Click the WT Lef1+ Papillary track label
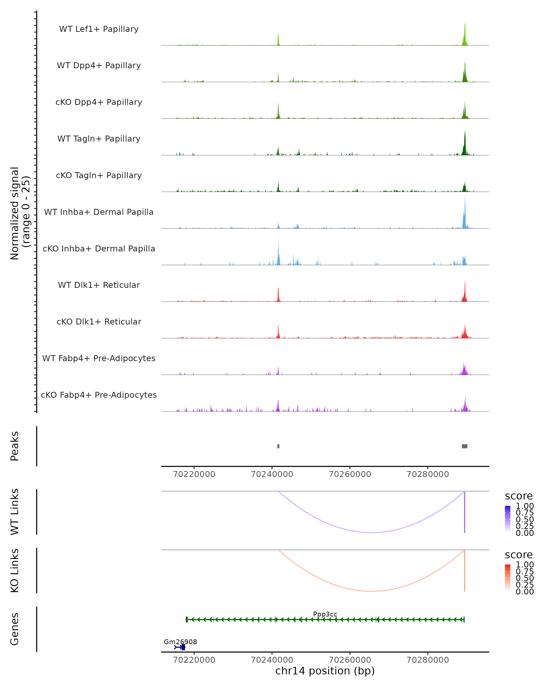[99, 29]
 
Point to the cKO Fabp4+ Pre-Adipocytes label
[99, 395]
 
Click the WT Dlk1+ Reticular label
[99, 285]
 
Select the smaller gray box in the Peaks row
[278, 446]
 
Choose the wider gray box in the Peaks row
[465, 446]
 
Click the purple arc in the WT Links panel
[371, 532]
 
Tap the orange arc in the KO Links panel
[371, 591]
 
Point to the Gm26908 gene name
[180, 642]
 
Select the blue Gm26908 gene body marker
[183, 647]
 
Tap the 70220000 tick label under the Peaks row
[194, 474]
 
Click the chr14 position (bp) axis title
[325, 671]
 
